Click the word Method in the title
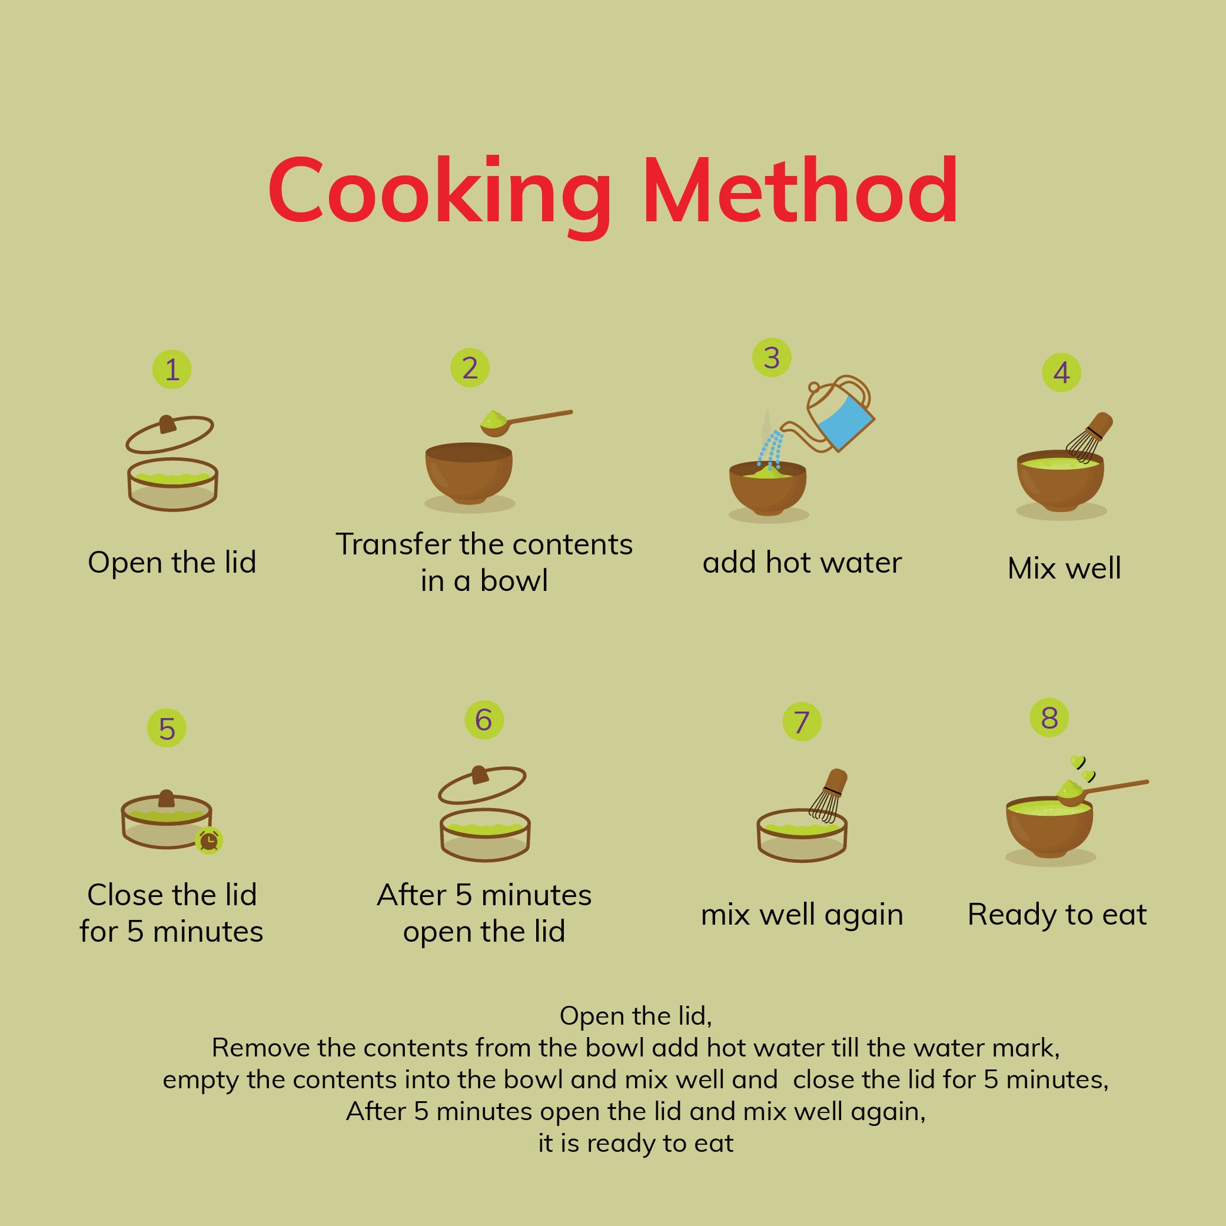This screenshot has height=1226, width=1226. pyautogui.click(x=800, y=190)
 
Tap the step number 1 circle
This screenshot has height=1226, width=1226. pyautogui.click(x=172, y=369)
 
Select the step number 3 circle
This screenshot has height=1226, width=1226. pyautogui.click(x=772, y=358)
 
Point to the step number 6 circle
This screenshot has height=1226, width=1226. pyautogui.click(x=484, y=719)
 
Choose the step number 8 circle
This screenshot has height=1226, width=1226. pyautogui.click(x=1050, y=718)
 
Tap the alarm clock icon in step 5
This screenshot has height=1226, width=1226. pyautogui.click(x=209, y=840)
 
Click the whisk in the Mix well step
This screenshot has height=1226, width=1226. pyautogui.click(x=1089, y=437)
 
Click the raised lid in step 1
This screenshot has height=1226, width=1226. pyautogui.click(x=170, y=434)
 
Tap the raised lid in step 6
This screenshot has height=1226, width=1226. pyautogui.click(x=483, y=786)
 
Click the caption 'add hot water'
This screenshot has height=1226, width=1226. pyautogui.click(x=802, y=563)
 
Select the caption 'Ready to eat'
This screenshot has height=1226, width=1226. pyautogui.click(x=1057, y=914)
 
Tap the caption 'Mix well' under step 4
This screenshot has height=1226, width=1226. pyautogui.click(x=1064, y=568)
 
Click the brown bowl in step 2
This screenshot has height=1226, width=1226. pyautogui.click(x=469, y=473)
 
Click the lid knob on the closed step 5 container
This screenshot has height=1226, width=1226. pyautogui.click(x=166, y=798)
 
